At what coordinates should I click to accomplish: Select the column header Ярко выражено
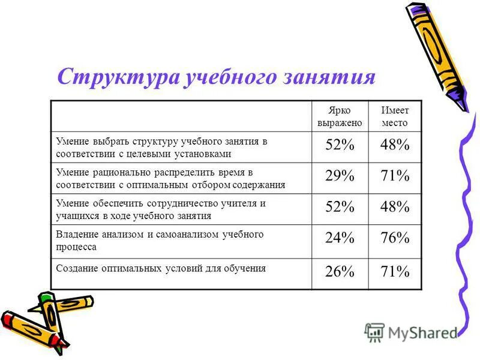(340, 116)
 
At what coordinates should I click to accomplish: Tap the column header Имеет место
(394, 116)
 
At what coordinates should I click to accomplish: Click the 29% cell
(340, 178)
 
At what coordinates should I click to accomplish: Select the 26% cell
(340, 273)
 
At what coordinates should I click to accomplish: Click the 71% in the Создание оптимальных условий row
(394, 273)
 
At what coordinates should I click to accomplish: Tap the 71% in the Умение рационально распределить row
(394, 178)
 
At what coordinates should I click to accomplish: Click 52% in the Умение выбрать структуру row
(340, 146)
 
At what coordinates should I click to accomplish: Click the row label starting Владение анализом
(160, 240)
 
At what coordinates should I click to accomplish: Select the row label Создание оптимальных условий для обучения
(161, 268)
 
